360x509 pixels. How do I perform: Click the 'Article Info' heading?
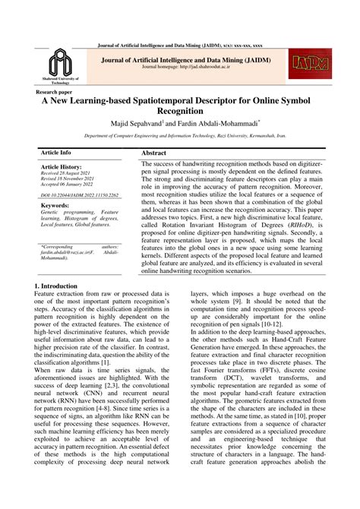(x=55, y=153)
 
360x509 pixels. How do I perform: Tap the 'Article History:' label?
(x=61, y=166)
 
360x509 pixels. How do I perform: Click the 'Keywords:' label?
(x=55, y=205)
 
